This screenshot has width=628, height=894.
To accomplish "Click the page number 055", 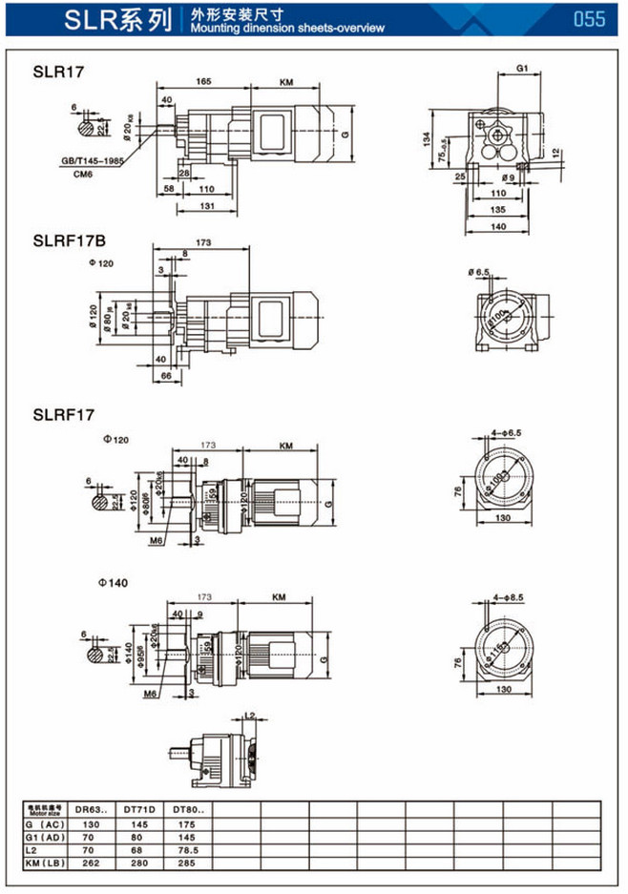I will point(589,19).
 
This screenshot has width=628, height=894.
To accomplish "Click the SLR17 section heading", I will point(54,71).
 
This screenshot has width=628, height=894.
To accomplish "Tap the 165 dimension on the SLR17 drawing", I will point(202,82).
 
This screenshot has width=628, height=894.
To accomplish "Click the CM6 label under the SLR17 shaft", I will point(84,175).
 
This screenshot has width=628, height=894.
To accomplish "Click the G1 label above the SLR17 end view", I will point(522,69).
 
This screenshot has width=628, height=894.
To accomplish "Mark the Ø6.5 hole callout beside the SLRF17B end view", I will point(479,273).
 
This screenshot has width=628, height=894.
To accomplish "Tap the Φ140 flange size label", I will point(113,581).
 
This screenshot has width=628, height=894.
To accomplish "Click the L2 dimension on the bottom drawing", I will point(249,714).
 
